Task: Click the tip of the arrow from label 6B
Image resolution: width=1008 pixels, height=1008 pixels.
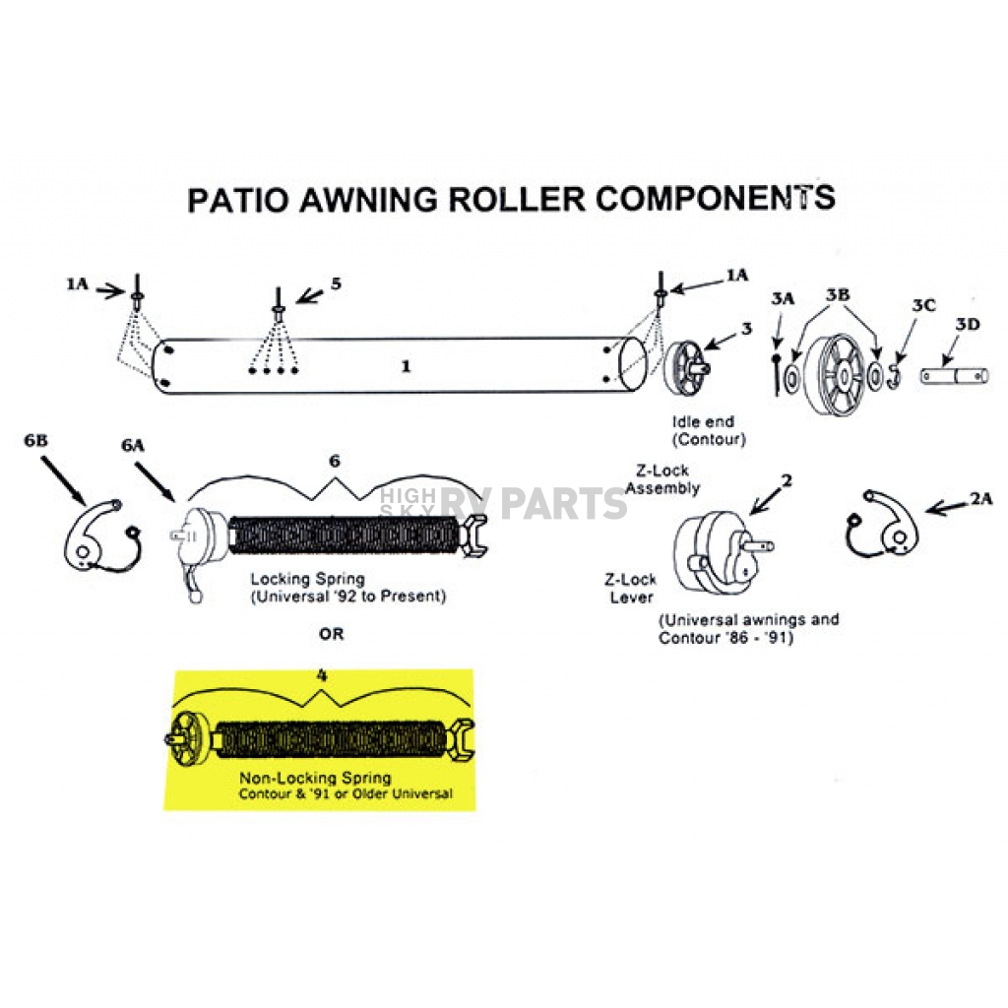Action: pyautogui.click(x=85, y=504)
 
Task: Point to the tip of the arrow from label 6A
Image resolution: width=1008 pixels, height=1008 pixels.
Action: pyautogui.click(x=175, y=500)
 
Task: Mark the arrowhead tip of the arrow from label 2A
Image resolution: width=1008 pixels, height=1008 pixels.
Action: pyautogui.click(x=925, y=512)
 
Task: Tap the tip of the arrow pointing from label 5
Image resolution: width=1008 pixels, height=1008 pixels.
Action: pyautogui.click(x=296, y=302)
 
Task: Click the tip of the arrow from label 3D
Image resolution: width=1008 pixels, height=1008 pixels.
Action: pyautogui.click(x=942, y=366)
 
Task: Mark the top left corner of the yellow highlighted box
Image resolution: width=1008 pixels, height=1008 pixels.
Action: pyautogui.click(x=175, y=671)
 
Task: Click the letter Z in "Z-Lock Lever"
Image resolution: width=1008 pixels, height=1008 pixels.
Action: pyautogui.click(x=609, y=579)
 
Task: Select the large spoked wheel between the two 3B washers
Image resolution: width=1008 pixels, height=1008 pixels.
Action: pyautogui.click(x=836, y=373)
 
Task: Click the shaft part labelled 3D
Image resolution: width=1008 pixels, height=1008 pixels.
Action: pyautogui.click(x=954, y=376)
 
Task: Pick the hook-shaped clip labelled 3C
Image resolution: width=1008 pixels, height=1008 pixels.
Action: pyautogui.click(x=893, y=377)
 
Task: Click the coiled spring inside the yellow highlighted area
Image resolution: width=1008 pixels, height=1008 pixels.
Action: pyautogui.click(x=329, y=740)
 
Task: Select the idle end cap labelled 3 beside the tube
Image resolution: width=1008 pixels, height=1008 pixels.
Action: pyautogui.click(x=686, y=368)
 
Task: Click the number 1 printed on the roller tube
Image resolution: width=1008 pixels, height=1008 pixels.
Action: pyautogui.click(x=406, y=366)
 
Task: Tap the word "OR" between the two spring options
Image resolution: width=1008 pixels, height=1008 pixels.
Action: pyautogui.click(x=331, y=634)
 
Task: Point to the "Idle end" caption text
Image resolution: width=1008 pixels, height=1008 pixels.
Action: pyautogui.click(x=703, y=421)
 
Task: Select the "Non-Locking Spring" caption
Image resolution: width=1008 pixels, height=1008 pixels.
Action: pyautogui.click(x=315, y=778)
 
